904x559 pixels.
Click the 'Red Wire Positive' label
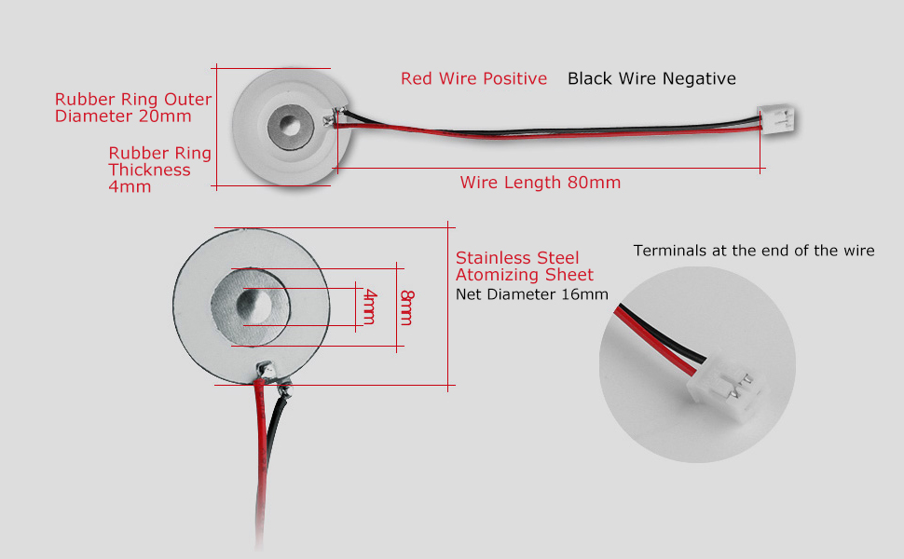pyautogui.click(x=473, y=79)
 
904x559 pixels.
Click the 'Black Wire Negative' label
pyautogui.click(x=651, y=79)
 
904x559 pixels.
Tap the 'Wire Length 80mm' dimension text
pyautogui.click(x=540, y=183)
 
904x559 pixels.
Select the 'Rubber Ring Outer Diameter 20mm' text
pyautogui.click(x=133, y=108)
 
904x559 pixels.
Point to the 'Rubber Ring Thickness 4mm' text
pyautogui.click(x=159, y=170)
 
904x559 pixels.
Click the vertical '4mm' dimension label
pyautogui.click(x=370, y=307)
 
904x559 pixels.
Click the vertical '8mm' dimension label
pyautogui.click(x=406, y=307)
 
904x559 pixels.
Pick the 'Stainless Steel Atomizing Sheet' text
pyautogui.click(x=524, y=266)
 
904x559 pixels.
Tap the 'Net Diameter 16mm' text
pyautogui.click(x=531, y=294)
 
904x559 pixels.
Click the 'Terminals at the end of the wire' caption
pyautogui.click(x=753, y=251)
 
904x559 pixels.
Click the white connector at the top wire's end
pyautogui.click(x=776, y=119)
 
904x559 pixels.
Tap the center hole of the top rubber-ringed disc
pyautogui.click(x=288, y=128)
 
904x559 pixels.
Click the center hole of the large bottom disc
pyautogui.click(x=253, y=304)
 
